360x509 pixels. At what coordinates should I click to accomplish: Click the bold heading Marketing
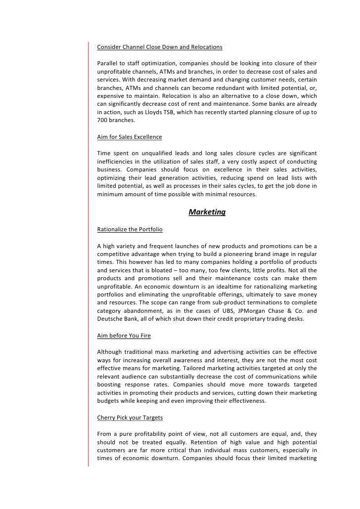pyautogui.click(x=207, y=212)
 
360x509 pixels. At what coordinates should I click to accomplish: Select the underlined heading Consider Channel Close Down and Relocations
pyautogui.click(x=159, y=47)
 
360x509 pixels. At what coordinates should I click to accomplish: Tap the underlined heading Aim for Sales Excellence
pyautogui.click(x=129, y=136)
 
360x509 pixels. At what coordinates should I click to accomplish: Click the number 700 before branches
pyautogui.click(x=102, y=120)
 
